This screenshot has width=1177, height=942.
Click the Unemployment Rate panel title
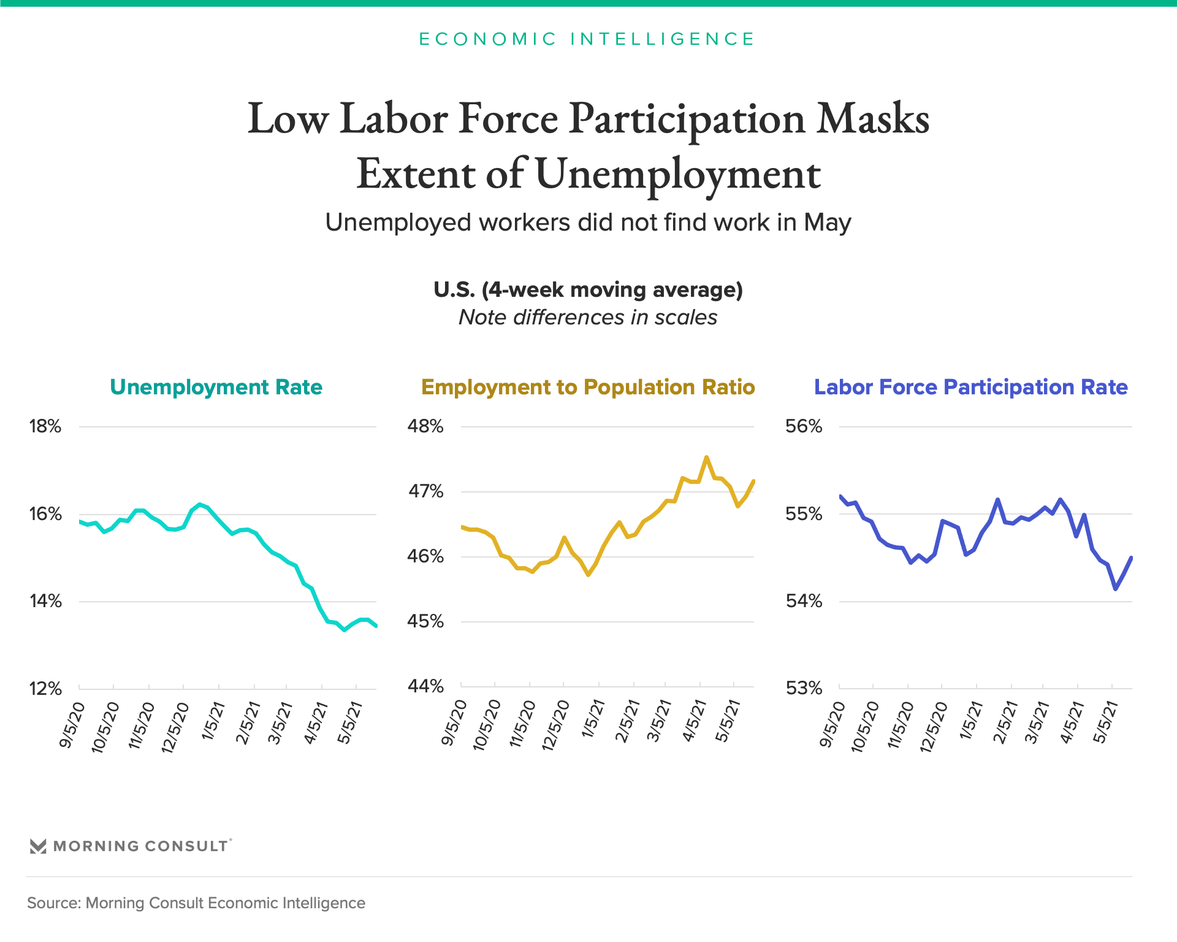pos(216,387)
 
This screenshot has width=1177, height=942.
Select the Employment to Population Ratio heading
pos(588,387)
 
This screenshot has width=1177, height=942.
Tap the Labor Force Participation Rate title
pos(970,387)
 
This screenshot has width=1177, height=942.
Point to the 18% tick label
pos(45,426)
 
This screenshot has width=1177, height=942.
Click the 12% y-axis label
pos(45,689)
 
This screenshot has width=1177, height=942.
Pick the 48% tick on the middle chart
pos(425,426)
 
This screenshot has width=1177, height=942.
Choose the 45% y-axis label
pos(425,621)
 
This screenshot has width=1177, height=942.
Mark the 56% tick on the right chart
pos(804,426)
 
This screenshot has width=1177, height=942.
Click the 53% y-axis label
pos(804,688)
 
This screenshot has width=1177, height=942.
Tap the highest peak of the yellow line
pos(707,458)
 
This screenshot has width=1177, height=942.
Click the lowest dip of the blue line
pos(1116,589)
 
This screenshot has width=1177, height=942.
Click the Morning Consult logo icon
pos(38,846)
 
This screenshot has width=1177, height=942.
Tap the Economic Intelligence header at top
pos(587,39)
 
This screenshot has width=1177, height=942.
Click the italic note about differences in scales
pos(588,318)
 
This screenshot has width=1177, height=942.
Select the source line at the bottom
pos(196,903)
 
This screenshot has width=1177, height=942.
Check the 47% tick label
pos(425,491)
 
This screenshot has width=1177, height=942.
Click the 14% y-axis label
pos(45,601)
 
